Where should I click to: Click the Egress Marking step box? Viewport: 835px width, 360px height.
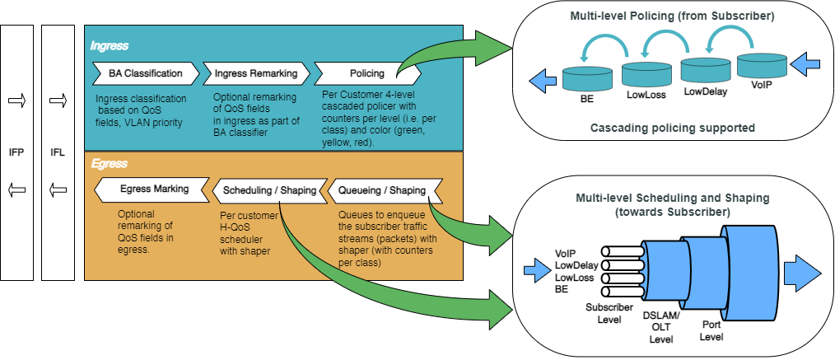pos(148,189)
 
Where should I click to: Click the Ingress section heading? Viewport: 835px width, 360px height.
pos(110,46)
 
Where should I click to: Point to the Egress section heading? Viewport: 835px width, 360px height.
pos(109,164)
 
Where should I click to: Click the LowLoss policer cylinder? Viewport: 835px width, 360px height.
pos(645,75)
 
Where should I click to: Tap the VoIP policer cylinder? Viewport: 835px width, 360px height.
pos(761,65)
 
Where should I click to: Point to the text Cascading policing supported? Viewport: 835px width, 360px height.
pos(673,128)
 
